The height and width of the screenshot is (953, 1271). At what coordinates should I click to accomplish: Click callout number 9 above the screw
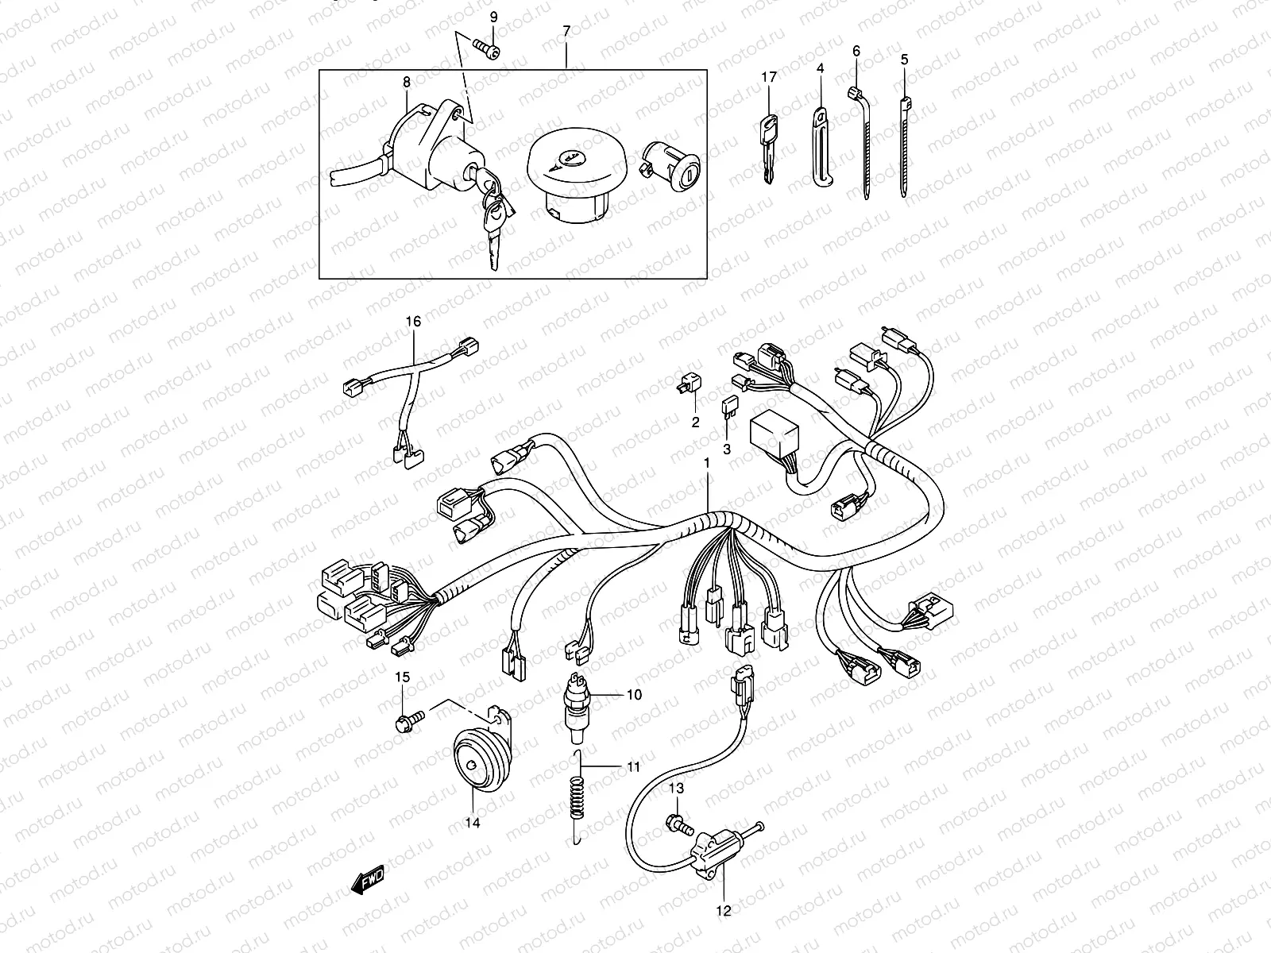tap(493, 17)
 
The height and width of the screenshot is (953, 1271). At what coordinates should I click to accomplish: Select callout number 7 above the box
tap(566, 31)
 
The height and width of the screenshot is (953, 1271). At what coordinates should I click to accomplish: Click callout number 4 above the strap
tap(820, 70)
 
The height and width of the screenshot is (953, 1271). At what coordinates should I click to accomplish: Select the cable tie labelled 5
tap(905, 147)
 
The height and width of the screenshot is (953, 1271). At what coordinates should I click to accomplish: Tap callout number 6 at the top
tap(856, 51)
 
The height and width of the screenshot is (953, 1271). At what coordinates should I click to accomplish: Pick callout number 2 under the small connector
tap(695, 422)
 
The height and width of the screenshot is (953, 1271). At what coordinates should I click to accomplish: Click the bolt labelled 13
tap(675, 824)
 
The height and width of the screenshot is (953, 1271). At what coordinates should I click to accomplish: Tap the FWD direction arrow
tap(367, 880)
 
